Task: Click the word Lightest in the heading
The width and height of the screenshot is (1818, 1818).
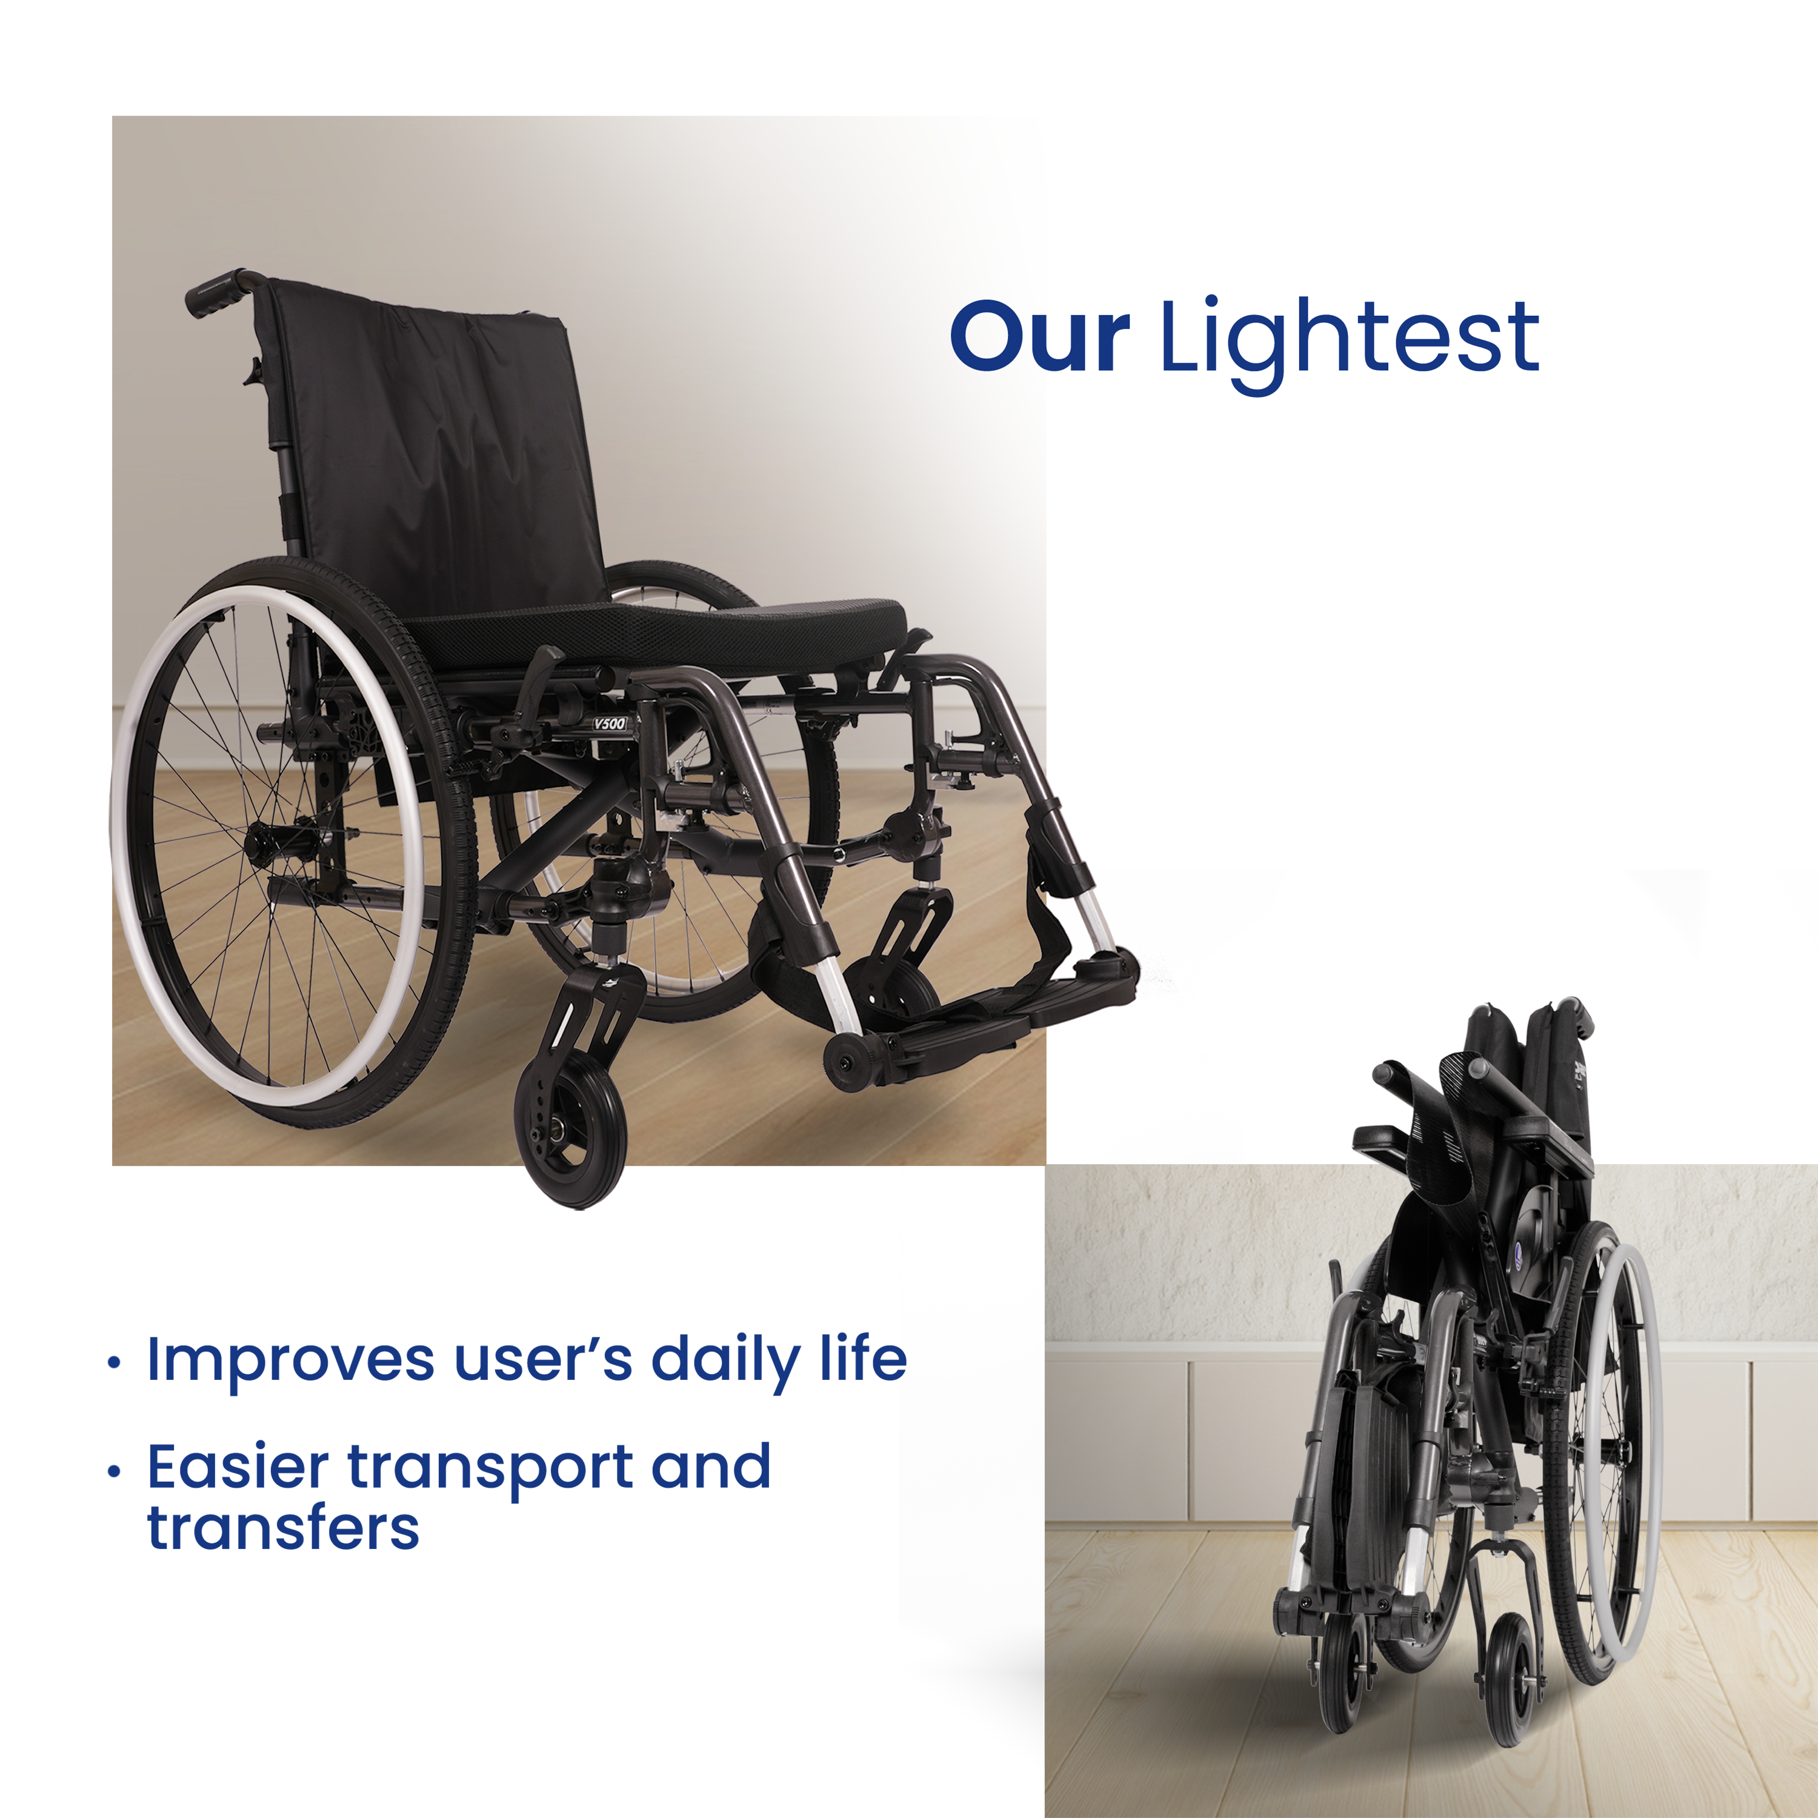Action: coord(1350,344)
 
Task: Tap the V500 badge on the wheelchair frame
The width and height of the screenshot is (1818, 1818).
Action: coord(609,724)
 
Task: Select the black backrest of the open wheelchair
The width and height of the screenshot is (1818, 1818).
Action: coord(433,442)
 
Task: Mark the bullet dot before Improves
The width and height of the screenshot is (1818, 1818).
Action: coord(114,1362)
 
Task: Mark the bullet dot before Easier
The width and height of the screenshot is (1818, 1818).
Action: coord(114,1471)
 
